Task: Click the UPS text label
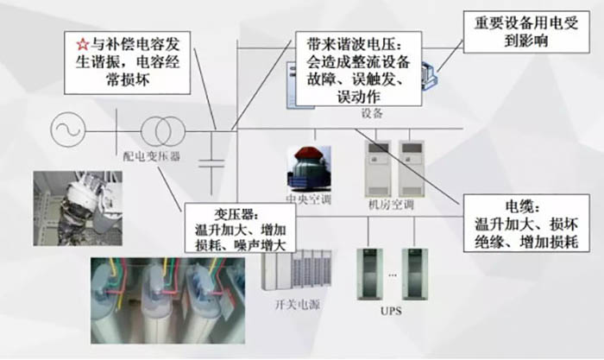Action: pyautogui.click(x=391, y=311)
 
